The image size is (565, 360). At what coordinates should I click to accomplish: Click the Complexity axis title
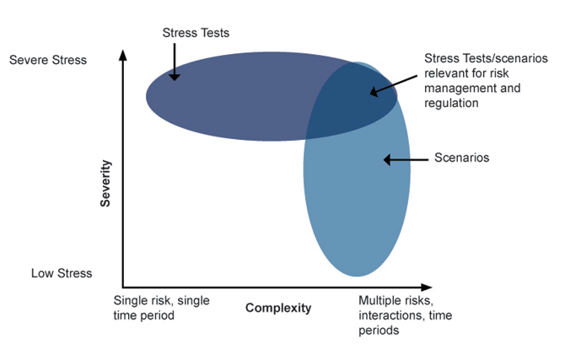tap(278, 308)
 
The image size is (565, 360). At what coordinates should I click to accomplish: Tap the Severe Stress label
tap(47, 60)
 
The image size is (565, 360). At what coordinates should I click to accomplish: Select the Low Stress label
tap(62, 273)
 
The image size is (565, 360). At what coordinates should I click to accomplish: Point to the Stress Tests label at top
tap(196, 33)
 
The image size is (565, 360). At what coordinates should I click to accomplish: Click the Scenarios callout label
tap(461, 158)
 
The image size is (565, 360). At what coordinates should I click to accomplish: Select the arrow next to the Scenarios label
tap(405, 159)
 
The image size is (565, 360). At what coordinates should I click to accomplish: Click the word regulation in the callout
tap(451, 103)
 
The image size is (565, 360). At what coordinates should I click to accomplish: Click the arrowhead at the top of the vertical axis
tap(124, 56)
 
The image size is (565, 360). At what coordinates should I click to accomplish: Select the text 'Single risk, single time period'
tap(161, 308)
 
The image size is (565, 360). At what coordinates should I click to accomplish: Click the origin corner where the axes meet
tap(124, 287)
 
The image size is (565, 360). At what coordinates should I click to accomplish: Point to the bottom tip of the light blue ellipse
tap(357, 276)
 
